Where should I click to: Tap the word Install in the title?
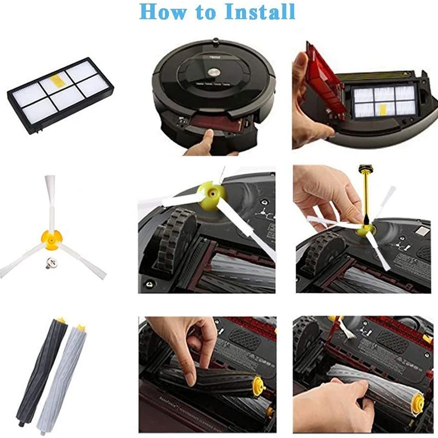pos(259,11)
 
